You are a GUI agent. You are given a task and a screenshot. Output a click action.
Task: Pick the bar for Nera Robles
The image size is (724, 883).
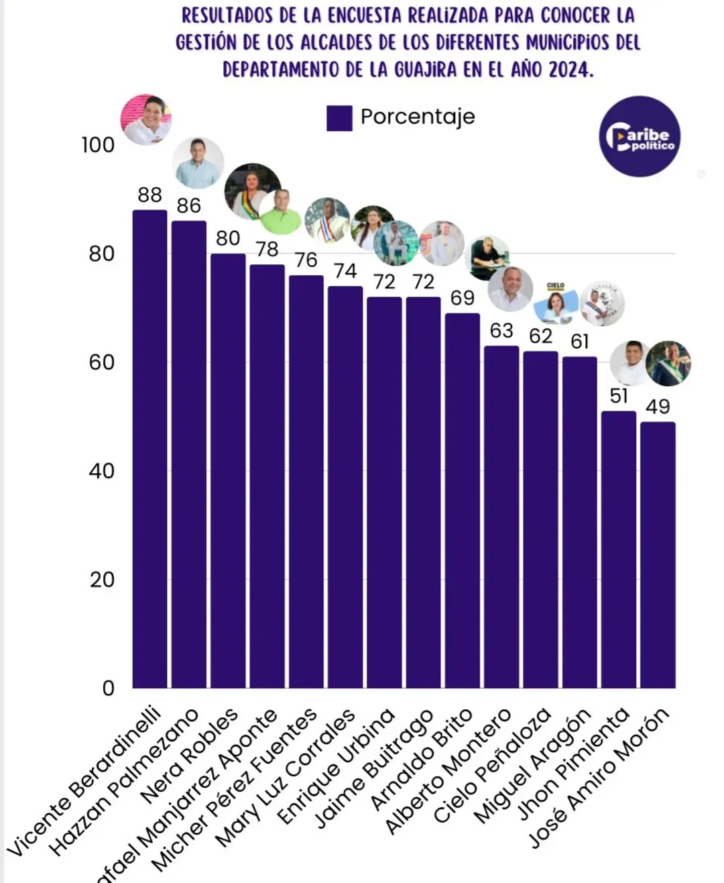coord(228,470)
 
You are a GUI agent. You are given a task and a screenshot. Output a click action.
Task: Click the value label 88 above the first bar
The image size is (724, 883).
coord(150,195)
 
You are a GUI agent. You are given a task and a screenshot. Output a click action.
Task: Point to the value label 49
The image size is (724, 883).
coord(658,407)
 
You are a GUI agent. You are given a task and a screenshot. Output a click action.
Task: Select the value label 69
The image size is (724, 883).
coord(463,298)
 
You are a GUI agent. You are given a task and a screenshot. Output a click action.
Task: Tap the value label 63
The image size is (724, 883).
coord(501,330)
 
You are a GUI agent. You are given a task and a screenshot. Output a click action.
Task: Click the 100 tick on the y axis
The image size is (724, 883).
coord(99,145)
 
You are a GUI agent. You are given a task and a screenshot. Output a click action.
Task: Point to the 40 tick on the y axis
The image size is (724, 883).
coord(102,471)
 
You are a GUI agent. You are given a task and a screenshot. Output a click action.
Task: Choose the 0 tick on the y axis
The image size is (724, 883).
coord(109,688)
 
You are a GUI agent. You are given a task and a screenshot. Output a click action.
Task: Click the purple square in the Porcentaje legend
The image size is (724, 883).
coord(339,117)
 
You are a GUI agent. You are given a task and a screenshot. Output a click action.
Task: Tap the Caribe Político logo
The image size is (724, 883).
coord(639,136)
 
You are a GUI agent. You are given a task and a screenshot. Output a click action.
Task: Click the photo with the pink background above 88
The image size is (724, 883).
coord(146,120)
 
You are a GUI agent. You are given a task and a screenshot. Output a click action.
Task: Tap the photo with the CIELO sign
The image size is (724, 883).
coord(556,303)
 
